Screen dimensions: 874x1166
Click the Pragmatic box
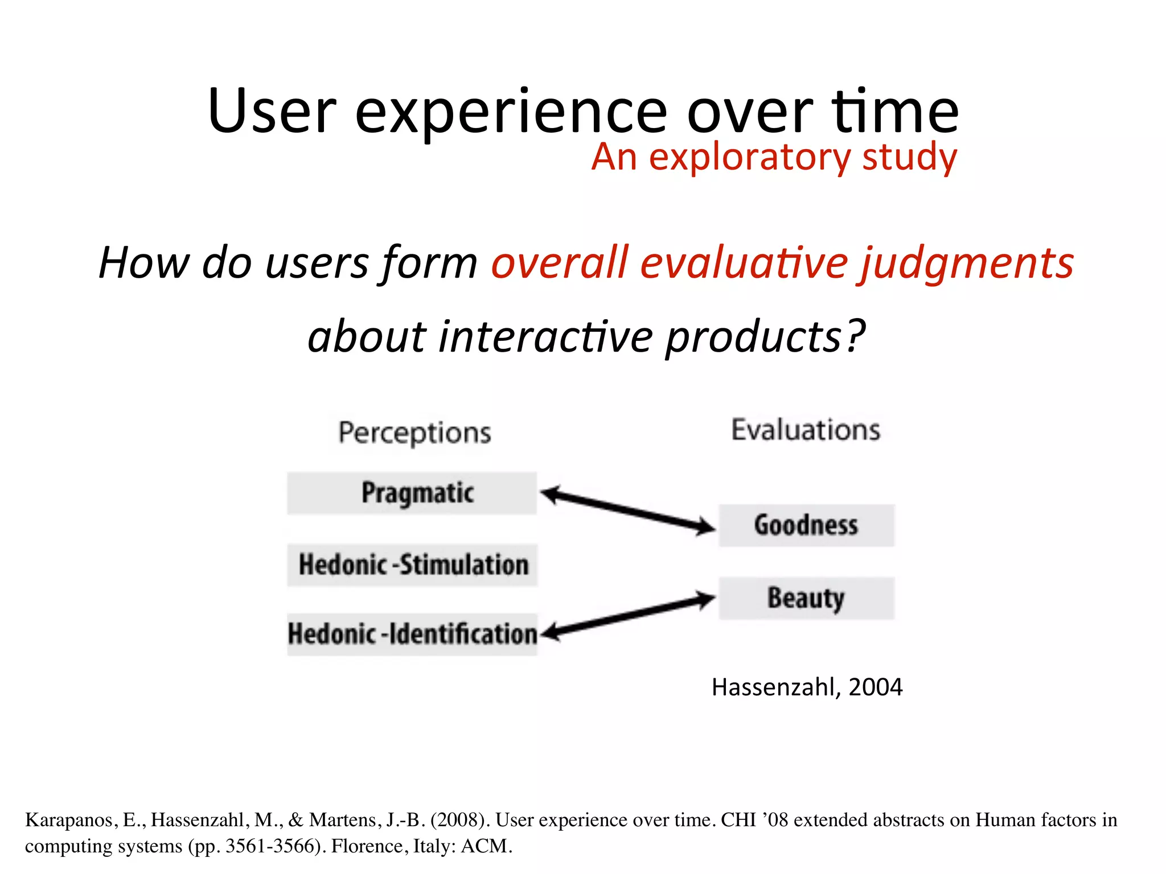coord(412,493)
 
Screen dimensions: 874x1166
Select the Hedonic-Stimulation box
coord(412,565)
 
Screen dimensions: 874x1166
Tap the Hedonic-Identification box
coord(412,634)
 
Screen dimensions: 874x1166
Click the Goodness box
coord(806,525)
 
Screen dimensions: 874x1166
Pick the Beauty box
coord(806,598)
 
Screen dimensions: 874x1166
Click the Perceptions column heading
coord(414,433)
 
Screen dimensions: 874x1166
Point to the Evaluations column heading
coord(806,430)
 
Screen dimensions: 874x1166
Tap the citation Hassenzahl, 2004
coord(807,687)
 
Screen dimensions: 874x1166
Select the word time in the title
coord(896,112)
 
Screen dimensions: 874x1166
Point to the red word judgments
coord(967,263)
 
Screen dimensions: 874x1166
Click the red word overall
coord(560,263)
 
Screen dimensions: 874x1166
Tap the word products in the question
coord(753,337)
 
